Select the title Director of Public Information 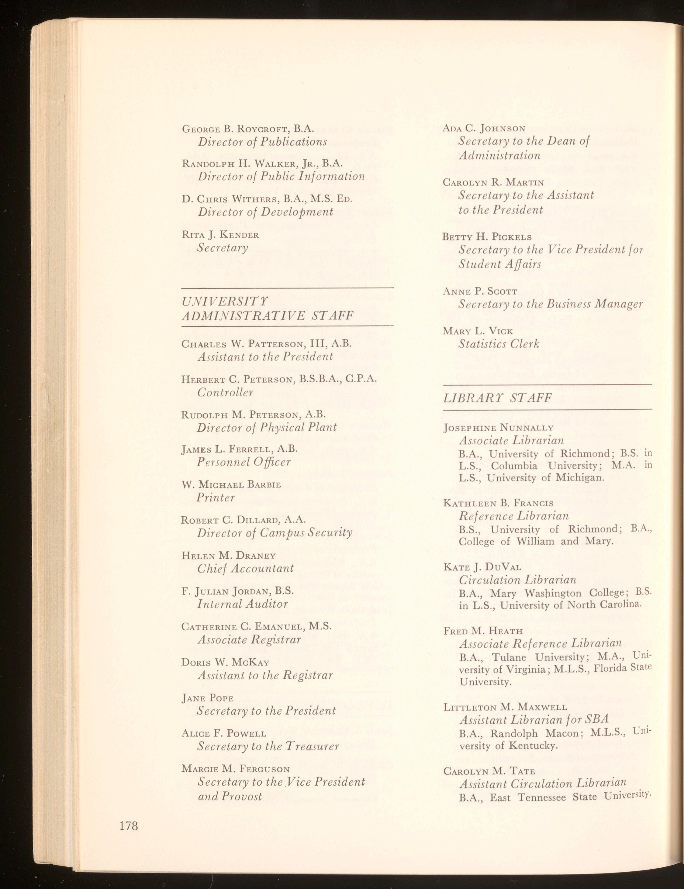click(281, 176)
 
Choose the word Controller click(225, 392)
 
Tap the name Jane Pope click(207, 698)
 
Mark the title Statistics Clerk click(499, 344)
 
